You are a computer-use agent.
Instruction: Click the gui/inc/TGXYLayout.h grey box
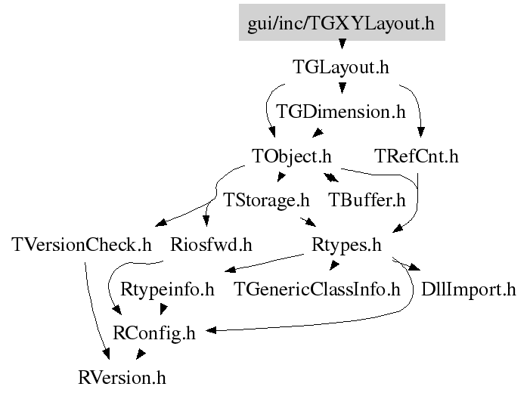(341, 23)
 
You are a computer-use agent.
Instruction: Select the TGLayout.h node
(341, 67)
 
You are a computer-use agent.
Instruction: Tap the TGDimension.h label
(341, 112)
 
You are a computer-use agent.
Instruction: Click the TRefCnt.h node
(417, 156)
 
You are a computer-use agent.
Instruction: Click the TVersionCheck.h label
(82, 245)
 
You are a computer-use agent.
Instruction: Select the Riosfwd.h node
(211, 245)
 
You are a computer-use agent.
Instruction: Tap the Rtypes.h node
(346, 245)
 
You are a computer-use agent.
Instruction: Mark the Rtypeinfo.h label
(168, 289)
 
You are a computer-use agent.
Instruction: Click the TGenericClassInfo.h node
(317, 289)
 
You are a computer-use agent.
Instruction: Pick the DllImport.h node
(468, 289)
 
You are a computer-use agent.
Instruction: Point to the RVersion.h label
(122, 376)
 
